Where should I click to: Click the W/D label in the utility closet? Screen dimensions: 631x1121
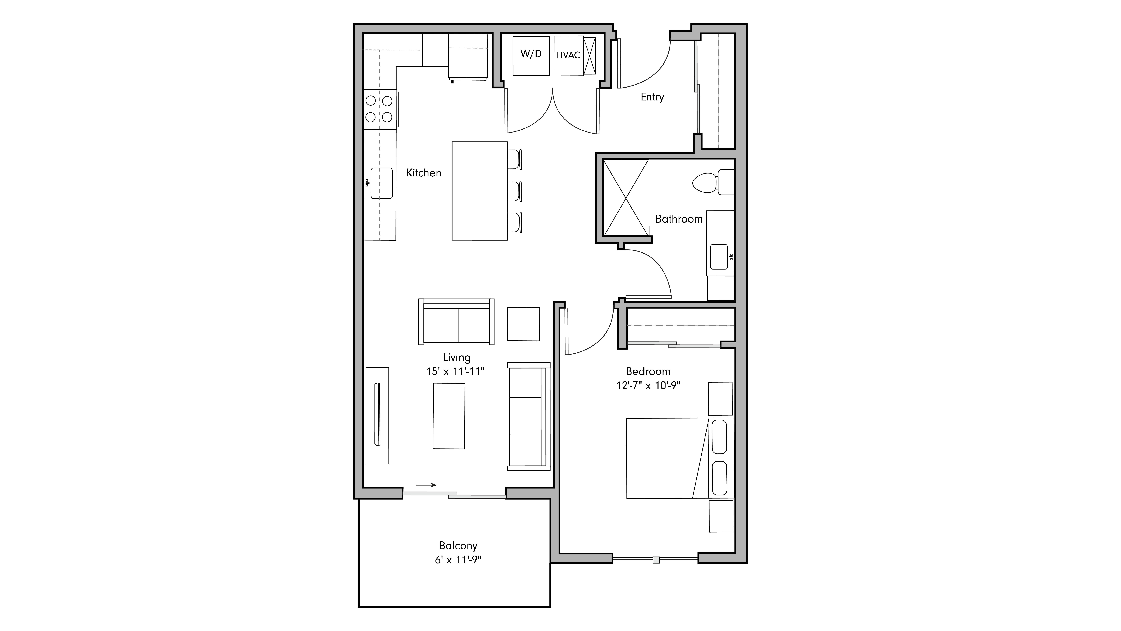coord(531,54)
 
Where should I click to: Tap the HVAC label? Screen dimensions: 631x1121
coord(568,55)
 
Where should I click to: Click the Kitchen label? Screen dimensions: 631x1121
coord(423,173)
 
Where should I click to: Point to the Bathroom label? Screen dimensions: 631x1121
coord(679,219)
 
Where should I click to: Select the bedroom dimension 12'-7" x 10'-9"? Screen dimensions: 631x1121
coord(648,386)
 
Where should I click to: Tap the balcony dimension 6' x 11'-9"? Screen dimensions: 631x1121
coord(458,560)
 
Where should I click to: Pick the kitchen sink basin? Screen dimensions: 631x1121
coord(382,183)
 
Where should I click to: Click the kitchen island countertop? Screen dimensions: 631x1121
coord(479,191)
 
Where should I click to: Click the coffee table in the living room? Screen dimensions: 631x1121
coord(449,416)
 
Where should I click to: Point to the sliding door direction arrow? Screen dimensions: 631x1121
coord(426,485)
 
